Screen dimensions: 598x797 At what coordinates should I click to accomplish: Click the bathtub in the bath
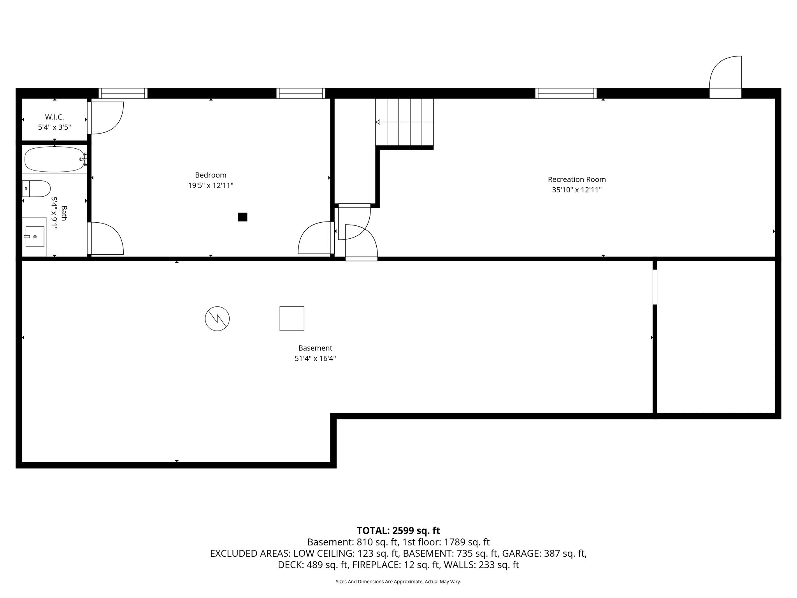pos(54,160)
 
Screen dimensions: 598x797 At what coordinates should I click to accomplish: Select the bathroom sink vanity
pos(34,237)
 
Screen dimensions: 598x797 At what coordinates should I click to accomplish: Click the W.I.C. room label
pos(54,117)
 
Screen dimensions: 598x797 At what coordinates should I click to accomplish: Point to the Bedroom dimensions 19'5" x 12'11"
pos(211,186)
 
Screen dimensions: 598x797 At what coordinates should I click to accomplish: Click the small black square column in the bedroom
pos(242,217)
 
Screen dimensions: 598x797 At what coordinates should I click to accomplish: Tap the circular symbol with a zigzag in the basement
pos(217,319)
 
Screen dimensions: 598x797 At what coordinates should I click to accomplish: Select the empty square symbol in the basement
pos(292,318)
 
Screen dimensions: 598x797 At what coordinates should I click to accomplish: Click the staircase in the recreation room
pos(404,122)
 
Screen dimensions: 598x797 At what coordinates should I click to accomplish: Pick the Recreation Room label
pos(577,179)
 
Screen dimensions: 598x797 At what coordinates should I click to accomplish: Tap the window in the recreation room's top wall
pos(565,93)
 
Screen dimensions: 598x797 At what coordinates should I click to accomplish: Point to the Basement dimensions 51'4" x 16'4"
pos(315,359)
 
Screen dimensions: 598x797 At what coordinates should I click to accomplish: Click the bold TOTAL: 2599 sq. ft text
pos(398,531)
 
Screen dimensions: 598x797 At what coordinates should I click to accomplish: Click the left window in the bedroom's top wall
pos(123,93)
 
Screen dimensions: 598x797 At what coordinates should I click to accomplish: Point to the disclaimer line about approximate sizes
pos(398,582)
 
